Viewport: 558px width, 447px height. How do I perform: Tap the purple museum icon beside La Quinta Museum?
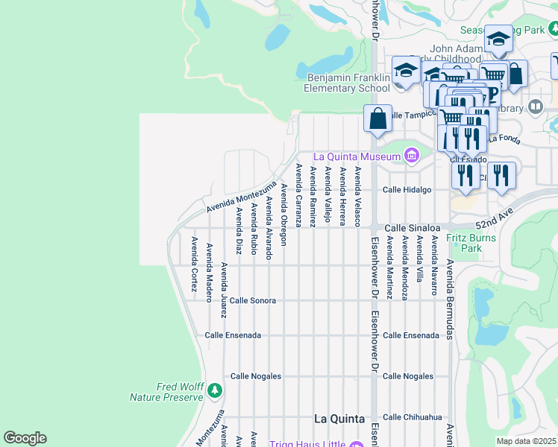(410, 156)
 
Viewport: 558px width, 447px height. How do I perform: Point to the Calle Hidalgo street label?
(407, 190)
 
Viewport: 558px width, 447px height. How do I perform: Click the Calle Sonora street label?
(253, 300)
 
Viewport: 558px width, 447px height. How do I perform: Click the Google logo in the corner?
(25, 438)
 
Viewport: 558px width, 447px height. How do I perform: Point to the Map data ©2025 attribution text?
(527, 441)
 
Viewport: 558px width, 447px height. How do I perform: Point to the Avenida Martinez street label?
(389, 268)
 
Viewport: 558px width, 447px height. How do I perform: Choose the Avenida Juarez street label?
(224, 285)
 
